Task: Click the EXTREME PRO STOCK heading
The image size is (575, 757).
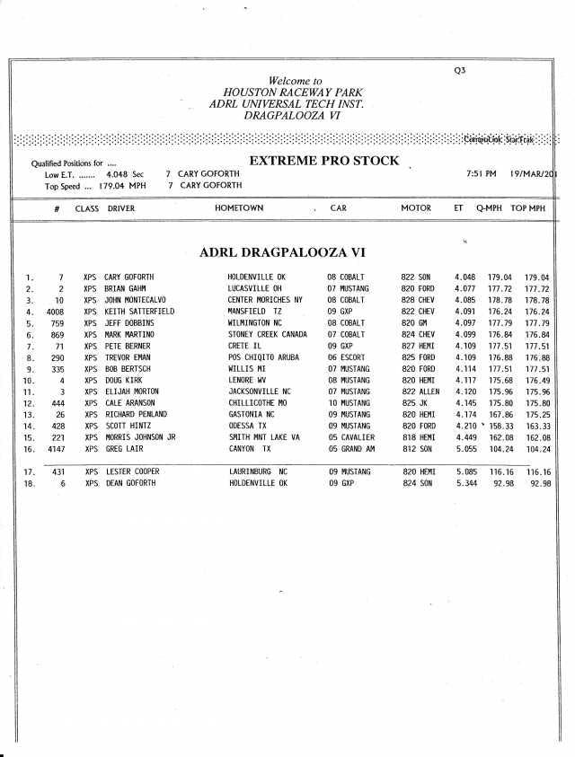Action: [323, 161]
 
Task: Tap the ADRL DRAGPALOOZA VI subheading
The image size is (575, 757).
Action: [281, 252]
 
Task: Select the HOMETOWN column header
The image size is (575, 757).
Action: [239, 208]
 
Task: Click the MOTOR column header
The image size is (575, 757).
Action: [416, 208]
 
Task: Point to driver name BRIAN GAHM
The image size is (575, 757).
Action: [125, 289]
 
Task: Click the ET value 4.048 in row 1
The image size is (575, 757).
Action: [465, 277]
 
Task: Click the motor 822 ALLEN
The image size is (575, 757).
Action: [420, 392]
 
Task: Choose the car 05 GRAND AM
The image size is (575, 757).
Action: [351, 449]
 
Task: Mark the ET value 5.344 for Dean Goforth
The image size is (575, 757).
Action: [465, 483]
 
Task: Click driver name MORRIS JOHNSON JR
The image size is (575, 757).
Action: [139, 437]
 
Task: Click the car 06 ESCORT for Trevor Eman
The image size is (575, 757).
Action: [346, 357]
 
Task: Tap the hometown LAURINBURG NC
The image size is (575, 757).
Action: [258, 471]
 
